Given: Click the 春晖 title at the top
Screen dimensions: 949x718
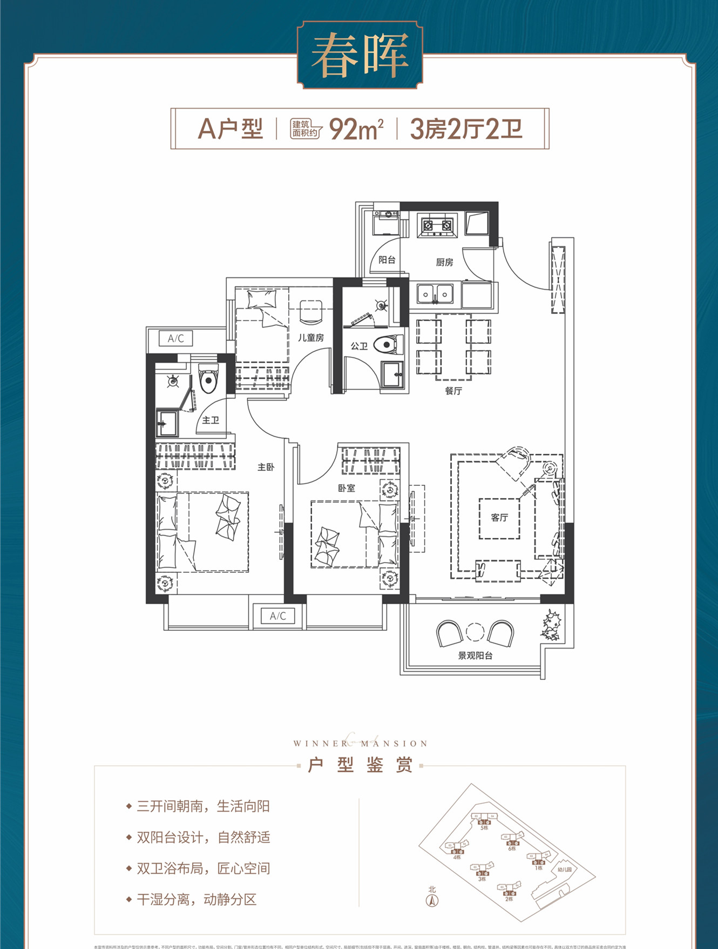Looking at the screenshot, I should tap(360, 56).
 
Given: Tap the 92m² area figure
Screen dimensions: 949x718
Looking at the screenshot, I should tap(356, 129).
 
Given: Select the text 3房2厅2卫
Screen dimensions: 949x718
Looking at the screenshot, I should tap(466, 129).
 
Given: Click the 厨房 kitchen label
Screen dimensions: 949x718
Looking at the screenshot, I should tap(444, 263).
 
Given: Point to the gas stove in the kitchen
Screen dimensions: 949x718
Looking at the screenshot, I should tap(437, 225).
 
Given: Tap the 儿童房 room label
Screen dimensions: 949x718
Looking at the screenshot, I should tap(311, 338).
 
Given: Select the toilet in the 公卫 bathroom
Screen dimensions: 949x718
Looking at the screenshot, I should tap(388, 344).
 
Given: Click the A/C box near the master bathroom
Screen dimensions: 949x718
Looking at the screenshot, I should tap(175, 338).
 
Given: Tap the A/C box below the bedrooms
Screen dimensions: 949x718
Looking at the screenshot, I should tap(277, 616).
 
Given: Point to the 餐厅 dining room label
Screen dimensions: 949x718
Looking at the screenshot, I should tap(453, 391).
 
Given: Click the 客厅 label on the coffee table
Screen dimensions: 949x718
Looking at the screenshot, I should tap(499, 518).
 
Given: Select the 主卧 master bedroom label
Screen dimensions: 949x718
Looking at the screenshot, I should tap(266, 467).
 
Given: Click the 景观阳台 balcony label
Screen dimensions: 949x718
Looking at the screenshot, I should tap(475, 656).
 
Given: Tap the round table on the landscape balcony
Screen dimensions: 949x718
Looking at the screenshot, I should tap(475, 632).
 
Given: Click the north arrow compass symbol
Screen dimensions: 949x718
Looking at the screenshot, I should tap(432, 900).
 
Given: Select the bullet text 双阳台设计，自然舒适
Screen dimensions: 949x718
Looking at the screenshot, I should tap(203, 838).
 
